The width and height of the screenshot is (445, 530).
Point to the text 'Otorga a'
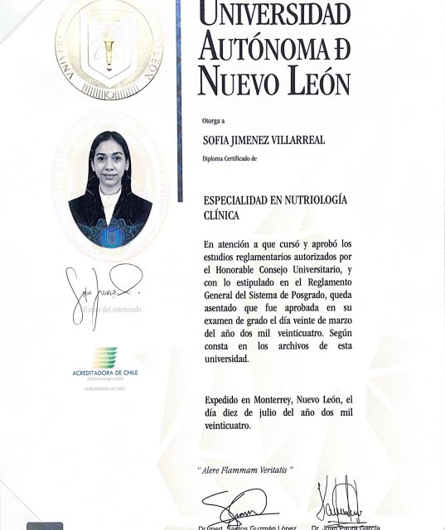click(213, 120)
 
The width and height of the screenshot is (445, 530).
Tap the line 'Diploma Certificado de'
click(236, 157)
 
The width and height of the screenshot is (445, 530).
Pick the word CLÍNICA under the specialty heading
click(220, 215)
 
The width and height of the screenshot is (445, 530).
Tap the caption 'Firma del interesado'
click(111, 309)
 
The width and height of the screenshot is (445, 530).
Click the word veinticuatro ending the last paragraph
click(227, 426)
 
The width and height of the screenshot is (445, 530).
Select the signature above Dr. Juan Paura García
click(339, 500)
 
